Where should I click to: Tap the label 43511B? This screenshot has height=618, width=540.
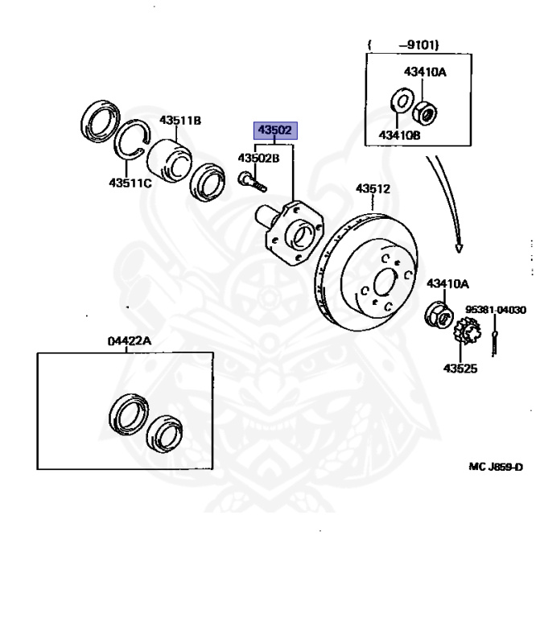pyautogui.click(x=179, y=121)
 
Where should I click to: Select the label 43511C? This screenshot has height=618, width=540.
pyautogui.click(x=130, y=182)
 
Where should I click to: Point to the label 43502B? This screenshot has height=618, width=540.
pyautogui.click(x=258, y=158)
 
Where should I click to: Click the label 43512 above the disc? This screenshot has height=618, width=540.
pyautogui.click(x=373, y=189)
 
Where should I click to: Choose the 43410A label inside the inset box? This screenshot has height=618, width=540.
pyautogui.click(x=426, y=72)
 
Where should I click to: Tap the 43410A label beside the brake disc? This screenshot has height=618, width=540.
pyautogui.click(x=447, y=283)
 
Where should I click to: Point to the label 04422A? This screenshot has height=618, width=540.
pyautogui.click(x=130, y=341)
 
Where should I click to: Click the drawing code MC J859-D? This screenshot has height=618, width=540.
pyautogui.click(x=495, y=466)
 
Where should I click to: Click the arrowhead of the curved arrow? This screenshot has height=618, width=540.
pyautogui.click(x=459, y=245)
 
